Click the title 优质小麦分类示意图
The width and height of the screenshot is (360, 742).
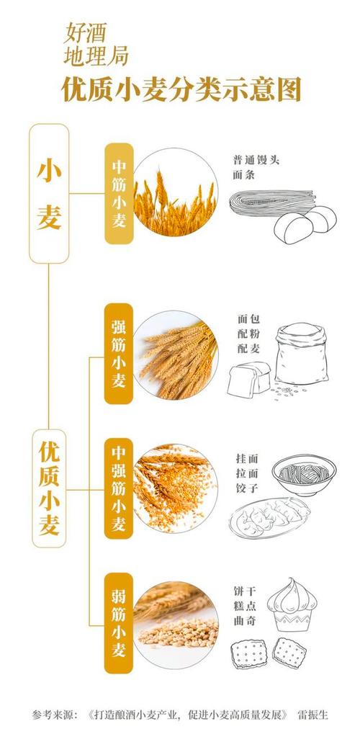pos(180,91)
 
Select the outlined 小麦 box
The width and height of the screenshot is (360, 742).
pos(49,193)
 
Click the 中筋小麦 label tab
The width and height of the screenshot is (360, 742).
pos(119,194)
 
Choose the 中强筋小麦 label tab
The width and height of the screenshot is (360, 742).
pos(119,488)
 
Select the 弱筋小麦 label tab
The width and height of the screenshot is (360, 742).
pos(119,623)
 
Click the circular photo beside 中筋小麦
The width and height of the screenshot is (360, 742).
pos(174,193)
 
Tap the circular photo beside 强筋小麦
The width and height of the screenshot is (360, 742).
pos(174,354)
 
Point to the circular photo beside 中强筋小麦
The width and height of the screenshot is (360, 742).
pos(174,488)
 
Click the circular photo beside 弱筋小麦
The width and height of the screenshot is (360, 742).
pos(174,623)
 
